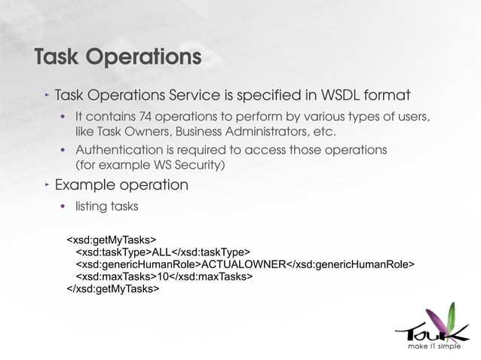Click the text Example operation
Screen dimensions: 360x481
(121, 185)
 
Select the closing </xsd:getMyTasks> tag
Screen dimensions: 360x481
(113, 288)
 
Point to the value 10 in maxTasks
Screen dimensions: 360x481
(162, 276)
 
